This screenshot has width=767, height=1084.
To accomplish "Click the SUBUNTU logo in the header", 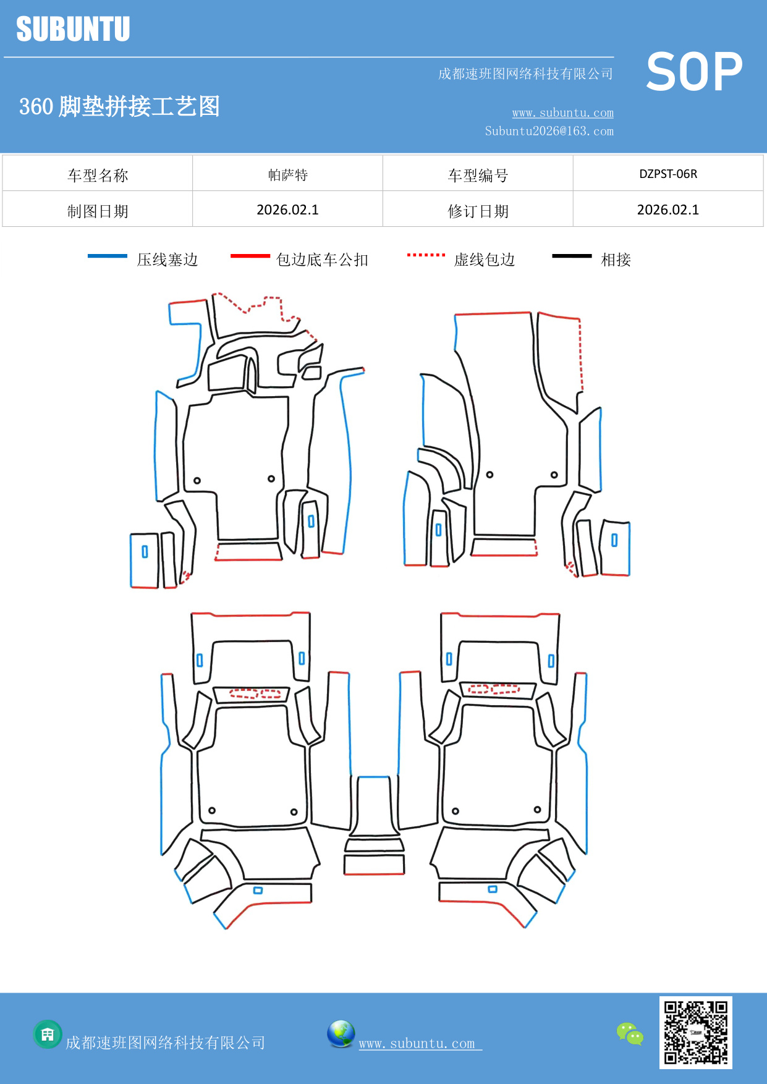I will [x=73, y=29].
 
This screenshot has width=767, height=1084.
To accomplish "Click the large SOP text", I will [x=694, y=72].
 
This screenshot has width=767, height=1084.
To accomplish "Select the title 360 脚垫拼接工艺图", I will [x=119, y=106].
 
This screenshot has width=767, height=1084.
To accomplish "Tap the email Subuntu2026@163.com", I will [x=549, y=131].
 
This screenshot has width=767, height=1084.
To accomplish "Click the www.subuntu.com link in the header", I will [x=562, y=112].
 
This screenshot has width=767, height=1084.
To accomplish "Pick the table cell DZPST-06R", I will [x=668, y=174].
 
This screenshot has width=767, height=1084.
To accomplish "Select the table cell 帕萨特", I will [x=287, y=175].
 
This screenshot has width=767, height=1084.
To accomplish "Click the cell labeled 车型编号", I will [x=478, y=176].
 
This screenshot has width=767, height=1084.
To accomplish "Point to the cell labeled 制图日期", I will [x=98, y=211].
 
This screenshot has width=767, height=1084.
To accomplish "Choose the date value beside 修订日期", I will [x=668, y=210].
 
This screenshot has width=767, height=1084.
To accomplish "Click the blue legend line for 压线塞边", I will [x=108, y=256].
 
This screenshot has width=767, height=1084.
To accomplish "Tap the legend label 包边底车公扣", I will [x=322, y=260].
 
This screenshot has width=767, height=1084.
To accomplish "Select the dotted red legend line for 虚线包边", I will [x=426, y=255].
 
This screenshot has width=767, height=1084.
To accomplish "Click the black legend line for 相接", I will [x=572, y=256].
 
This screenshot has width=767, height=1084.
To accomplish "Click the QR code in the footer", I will [x=695, y=1033].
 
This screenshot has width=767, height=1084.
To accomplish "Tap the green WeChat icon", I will [x=630, y=1034].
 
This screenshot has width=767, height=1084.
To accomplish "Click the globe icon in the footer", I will [x=341, y=1034].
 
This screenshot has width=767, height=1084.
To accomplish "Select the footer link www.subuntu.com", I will [x=417, y=1043].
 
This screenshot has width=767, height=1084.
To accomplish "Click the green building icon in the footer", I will [x=48, y=1034].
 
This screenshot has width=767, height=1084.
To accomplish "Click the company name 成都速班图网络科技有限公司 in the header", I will [x=525, y=74].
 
